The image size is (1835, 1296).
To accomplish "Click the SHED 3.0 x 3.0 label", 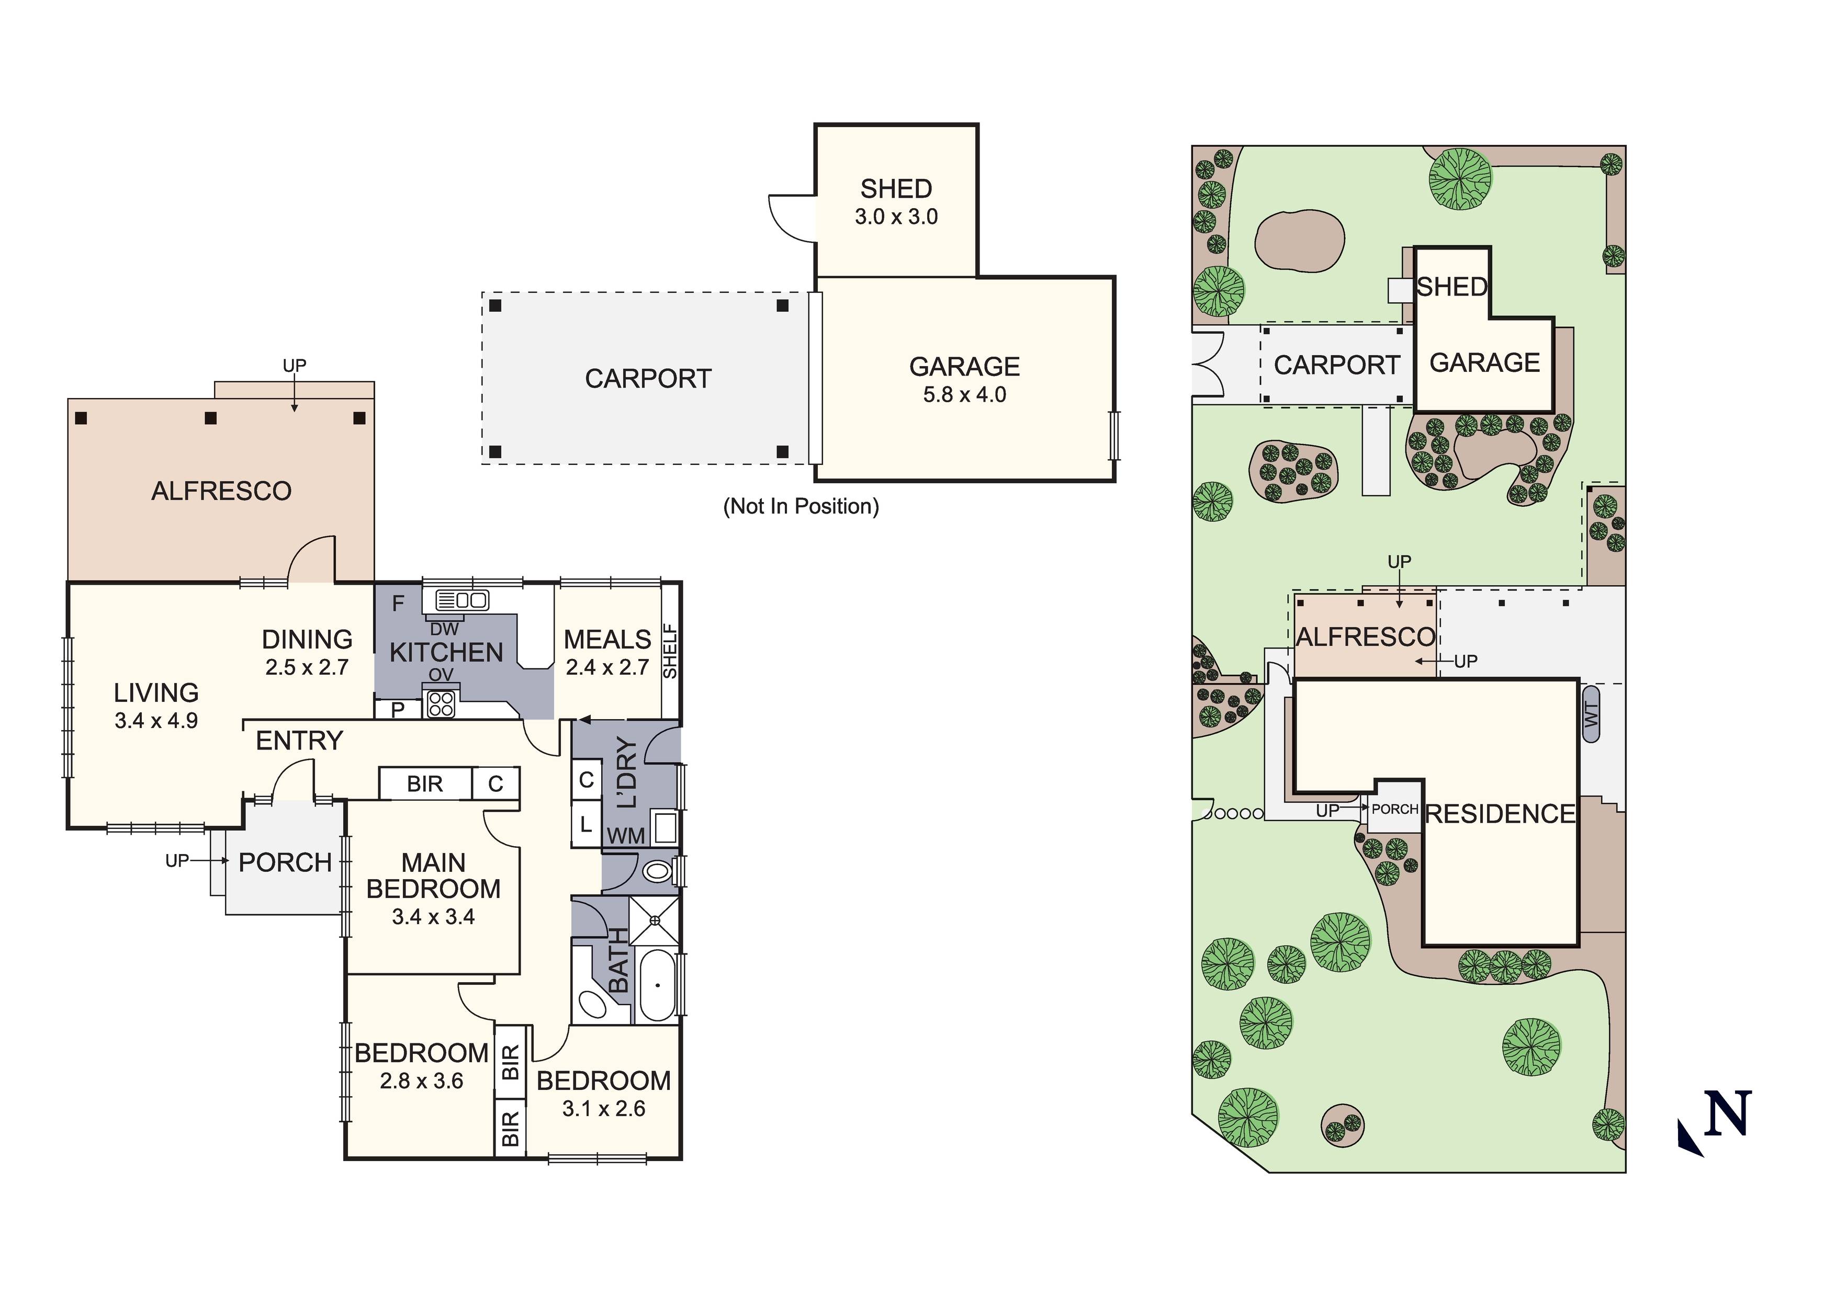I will click(896, 201).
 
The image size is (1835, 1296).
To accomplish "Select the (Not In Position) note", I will click(800, 507).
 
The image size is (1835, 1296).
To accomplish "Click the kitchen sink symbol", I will click(461, 599).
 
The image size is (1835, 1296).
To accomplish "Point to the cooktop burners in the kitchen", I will click(441, 704).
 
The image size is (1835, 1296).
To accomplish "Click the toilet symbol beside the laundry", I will click(657, 871).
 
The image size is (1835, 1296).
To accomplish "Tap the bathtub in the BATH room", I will click(657, 985).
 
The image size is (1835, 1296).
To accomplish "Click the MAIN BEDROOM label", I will click(433, 876).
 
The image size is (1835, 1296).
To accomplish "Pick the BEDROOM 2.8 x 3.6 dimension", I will click(421, 1081).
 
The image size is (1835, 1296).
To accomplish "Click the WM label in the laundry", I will click(626, 836).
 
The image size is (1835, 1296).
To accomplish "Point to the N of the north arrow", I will click(1728, 1113).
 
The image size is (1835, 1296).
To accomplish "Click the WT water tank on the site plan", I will click(1591, 713).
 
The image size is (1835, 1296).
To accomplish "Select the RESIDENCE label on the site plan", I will click(1500, 814).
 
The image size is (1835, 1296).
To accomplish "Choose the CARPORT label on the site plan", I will click(1336, 365).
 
